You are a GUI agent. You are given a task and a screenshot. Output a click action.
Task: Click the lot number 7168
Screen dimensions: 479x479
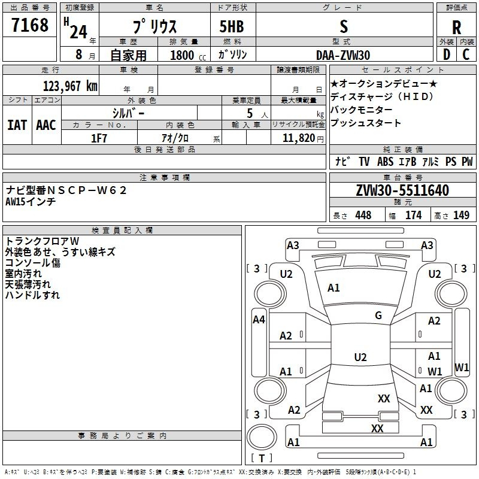click(29, 26)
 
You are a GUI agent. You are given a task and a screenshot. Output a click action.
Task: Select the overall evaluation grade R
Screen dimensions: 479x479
click(456, 28)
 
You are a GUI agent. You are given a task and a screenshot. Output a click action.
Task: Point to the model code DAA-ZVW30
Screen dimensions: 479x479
click(343, 55)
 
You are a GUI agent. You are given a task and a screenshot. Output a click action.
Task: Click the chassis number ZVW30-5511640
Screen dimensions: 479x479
click(402, 190)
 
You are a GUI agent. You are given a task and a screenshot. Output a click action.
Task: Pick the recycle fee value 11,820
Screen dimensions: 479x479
click(298, 138)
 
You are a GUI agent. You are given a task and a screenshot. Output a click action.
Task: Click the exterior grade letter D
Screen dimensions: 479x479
click(446, 55)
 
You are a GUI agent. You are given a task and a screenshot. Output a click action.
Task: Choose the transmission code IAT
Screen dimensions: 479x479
click(17, 125)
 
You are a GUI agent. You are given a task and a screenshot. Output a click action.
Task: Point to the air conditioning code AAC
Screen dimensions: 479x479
click(46, 125)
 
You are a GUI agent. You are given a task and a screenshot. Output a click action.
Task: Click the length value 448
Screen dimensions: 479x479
click(363, 216)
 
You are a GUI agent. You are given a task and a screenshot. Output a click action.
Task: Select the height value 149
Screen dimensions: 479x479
click(461, 216)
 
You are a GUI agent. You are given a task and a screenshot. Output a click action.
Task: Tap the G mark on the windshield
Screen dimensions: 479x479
click(378, 316)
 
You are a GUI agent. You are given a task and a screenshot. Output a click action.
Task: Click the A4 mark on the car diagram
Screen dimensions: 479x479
click(259, 320)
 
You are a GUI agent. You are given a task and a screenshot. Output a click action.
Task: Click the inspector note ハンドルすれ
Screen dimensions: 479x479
click(32, 295)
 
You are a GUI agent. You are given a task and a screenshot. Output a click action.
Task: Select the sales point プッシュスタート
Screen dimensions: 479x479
click(365, 123)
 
